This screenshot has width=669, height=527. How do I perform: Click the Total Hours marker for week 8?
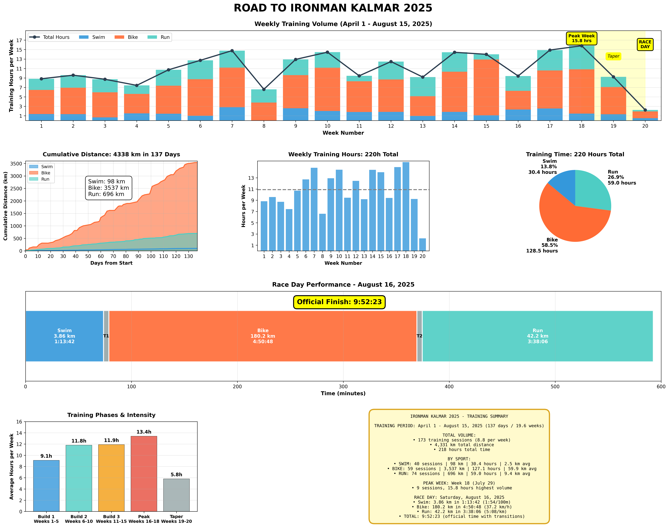[264, 89]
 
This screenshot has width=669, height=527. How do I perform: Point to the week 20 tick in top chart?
[645, 126]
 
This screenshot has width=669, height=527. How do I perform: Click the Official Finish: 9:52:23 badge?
[339, 302]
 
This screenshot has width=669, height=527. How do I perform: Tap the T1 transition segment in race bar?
[106, 336]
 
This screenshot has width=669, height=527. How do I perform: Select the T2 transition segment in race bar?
[419, 336]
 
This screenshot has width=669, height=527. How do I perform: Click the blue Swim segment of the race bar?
[64, 336]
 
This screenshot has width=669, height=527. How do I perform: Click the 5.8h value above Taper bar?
[176, 475]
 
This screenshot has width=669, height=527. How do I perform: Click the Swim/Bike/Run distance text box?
[108, 188]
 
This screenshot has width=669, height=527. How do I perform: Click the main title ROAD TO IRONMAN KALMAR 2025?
[333, 8]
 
